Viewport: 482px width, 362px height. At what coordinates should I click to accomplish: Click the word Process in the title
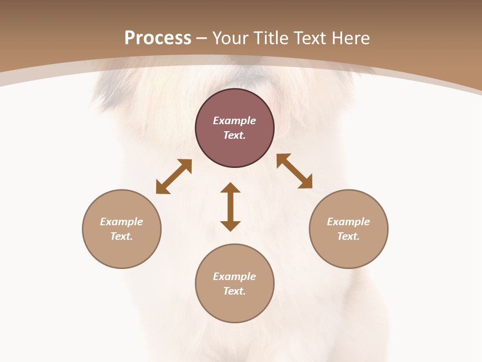tap(158, 38)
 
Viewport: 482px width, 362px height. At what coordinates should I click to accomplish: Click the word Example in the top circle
tap(234, 121)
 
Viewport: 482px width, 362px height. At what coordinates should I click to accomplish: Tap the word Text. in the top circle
tap(234, 135)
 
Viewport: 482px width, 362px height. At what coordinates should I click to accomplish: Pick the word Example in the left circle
tap(122, 222)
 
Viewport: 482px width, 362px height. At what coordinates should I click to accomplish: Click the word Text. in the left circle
tap(122, 236)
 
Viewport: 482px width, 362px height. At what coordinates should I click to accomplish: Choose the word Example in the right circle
tap(348, 222)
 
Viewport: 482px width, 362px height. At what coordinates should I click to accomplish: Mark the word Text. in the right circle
tap(348, 236)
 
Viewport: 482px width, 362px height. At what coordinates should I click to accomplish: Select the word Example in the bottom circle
tap(234, 277)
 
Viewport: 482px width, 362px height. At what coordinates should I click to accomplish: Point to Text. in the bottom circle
tap(234, 291)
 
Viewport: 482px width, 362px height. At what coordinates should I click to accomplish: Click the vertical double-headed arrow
tap(230, 207)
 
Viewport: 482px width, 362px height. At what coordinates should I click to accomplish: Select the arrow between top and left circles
tap(174, 176)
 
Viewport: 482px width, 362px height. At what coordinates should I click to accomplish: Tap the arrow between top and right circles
tap(295, 171)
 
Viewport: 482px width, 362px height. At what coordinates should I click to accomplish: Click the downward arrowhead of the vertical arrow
tap(230, 226)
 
